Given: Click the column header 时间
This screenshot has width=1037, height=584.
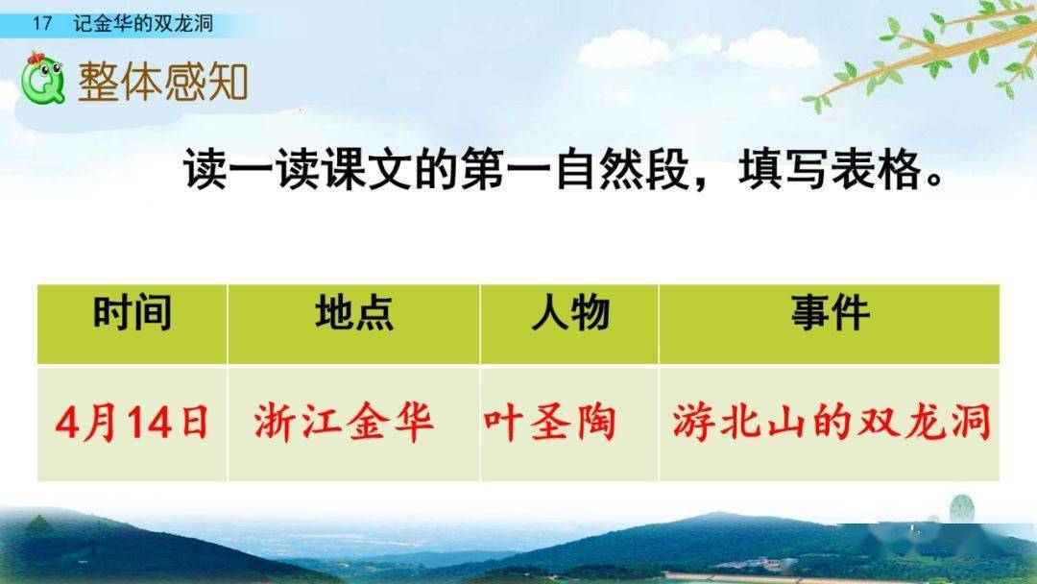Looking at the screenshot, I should coord(133,314).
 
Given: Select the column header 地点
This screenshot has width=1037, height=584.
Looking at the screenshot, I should coord(353,314).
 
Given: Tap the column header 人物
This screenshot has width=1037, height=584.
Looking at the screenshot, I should coord(570,314).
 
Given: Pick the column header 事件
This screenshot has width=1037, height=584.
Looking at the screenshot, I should coord(830,314).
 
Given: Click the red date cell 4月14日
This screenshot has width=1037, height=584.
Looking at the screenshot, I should coord(133,424).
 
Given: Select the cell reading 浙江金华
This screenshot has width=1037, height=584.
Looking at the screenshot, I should coord(344,424).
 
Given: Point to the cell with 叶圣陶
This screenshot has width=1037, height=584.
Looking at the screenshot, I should coord(549,424).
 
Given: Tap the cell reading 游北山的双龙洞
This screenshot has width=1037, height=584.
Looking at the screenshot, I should coord(831,424).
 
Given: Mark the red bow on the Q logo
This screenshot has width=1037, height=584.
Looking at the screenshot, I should coord(36,61).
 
